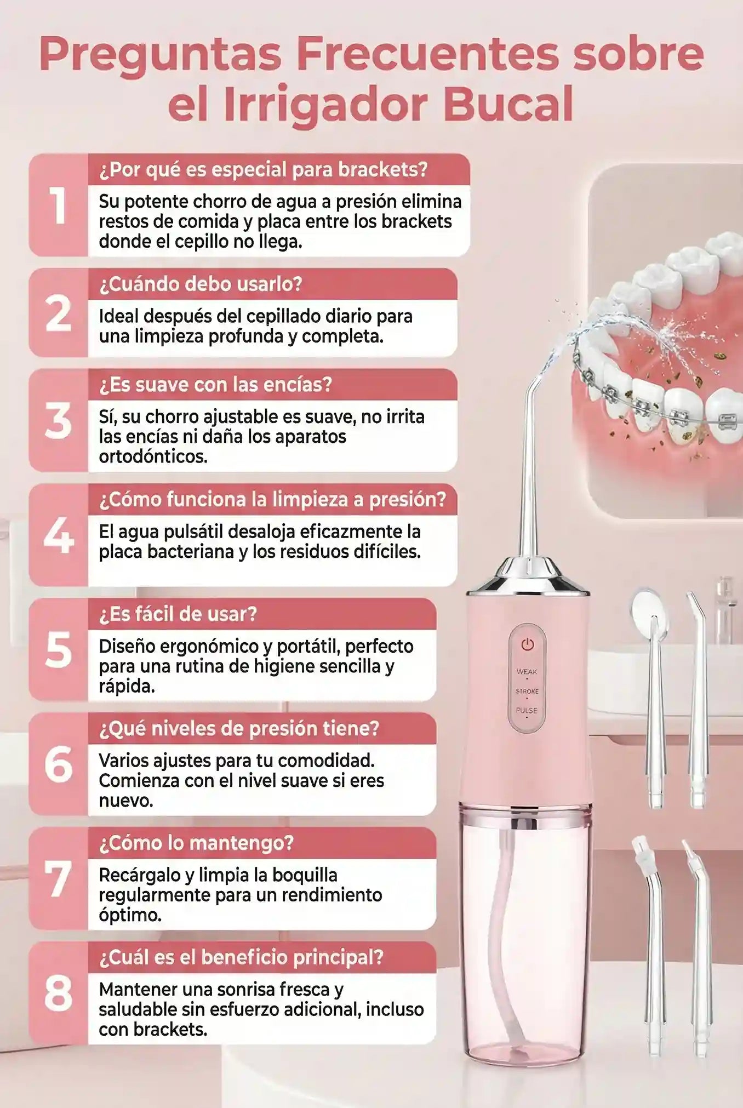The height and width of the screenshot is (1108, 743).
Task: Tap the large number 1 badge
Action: [x=58, y=205]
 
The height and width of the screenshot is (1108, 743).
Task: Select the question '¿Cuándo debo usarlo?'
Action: [x=201, y=284]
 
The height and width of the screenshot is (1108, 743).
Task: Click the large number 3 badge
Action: [x=58, y=421]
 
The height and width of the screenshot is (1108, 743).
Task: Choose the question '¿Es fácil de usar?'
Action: [x=178, y=614]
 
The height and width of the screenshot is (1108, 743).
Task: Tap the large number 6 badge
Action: [x=58, y=764]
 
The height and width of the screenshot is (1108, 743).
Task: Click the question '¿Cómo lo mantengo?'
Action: [x=197, y=843]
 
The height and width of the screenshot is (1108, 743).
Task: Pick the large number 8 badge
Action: [x=58, y=994]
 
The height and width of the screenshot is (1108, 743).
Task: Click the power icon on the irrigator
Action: [x=527, y=644]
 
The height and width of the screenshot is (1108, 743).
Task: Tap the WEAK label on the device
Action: [x=527, y=671]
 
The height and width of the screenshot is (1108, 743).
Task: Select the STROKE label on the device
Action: [x=527, y=691]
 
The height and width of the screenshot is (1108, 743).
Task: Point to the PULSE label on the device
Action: [x=527, y=710]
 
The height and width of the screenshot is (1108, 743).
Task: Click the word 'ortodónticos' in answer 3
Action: [x=153, y=456]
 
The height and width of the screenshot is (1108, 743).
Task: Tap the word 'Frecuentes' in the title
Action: [x=427, y=54]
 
